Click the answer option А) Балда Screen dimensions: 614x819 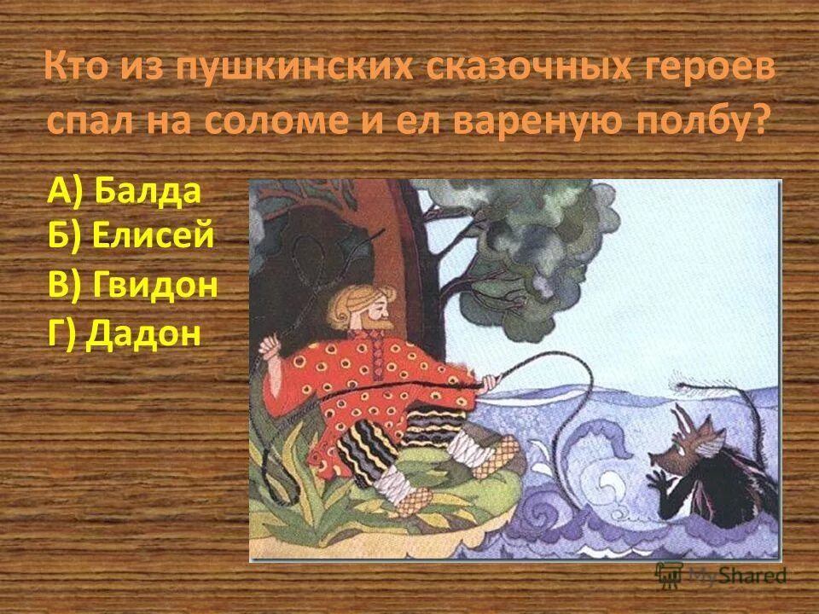(125, 192)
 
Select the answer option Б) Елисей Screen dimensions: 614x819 (130, 236)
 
